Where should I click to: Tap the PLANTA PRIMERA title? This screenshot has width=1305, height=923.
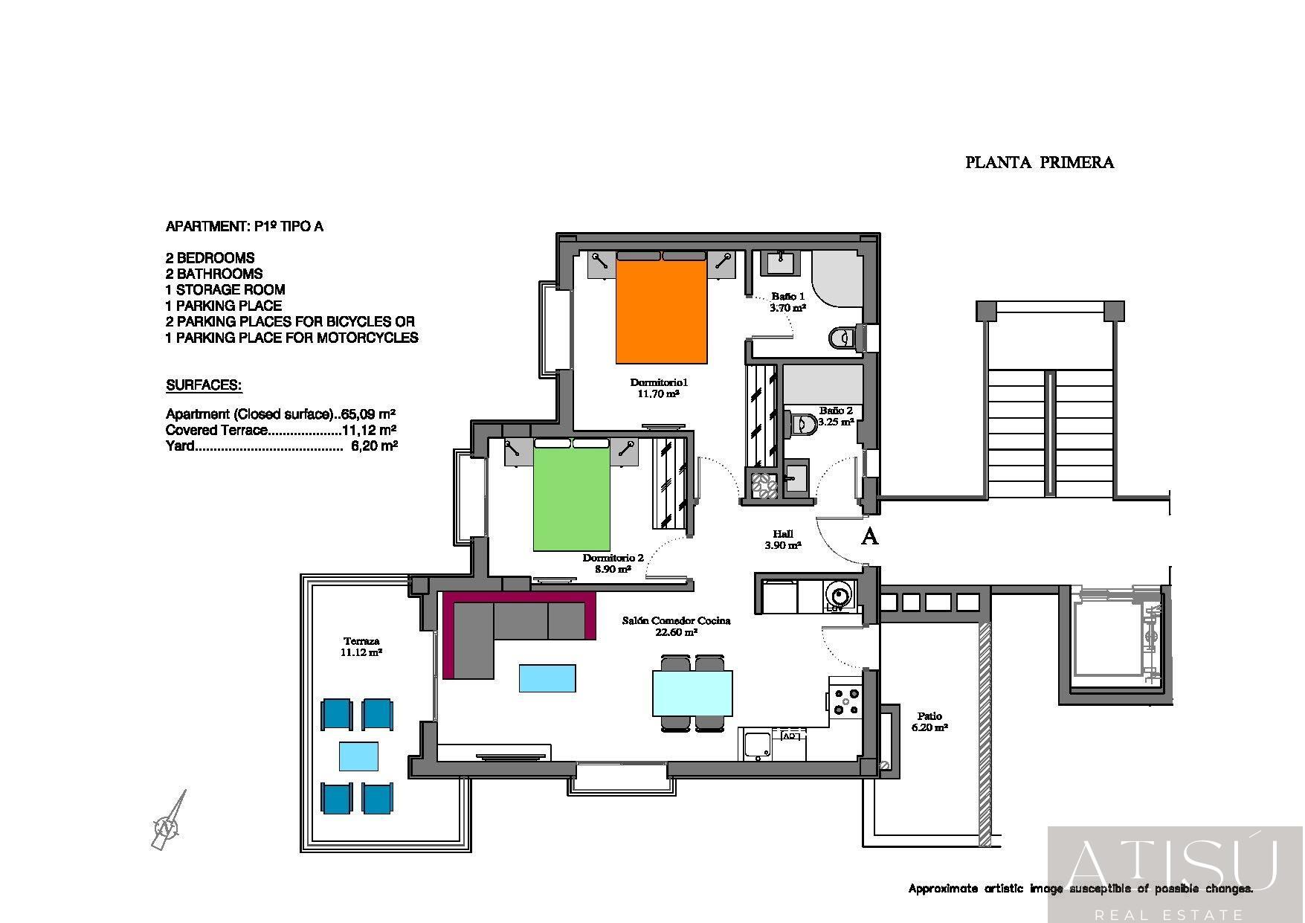click(x=1039, y=162)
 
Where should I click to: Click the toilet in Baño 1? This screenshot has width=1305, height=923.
click(x=842, y=338)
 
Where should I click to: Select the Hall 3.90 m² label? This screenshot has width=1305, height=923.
click(x=782, y=539)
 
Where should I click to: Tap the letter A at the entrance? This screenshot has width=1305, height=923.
click(x=869, y=536)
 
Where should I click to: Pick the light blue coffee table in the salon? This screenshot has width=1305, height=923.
click(x=547, y=678)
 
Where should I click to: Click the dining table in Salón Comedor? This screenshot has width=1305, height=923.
click(x=692, y=692)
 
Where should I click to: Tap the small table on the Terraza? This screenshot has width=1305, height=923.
click(x=358, y=756)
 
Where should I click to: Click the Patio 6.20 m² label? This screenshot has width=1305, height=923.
click(x=929, y=721)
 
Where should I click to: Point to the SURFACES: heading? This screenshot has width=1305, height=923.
click(x=204, y=385)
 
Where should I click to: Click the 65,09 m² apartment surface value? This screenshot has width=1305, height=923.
click(x=367, y=414)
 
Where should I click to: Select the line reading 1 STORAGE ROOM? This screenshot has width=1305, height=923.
click(x=225, y=289)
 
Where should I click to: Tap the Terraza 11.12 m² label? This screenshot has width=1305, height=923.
click(x=361, y=646)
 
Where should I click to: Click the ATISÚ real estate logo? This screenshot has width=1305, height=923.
click(x=1175, y=874)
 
